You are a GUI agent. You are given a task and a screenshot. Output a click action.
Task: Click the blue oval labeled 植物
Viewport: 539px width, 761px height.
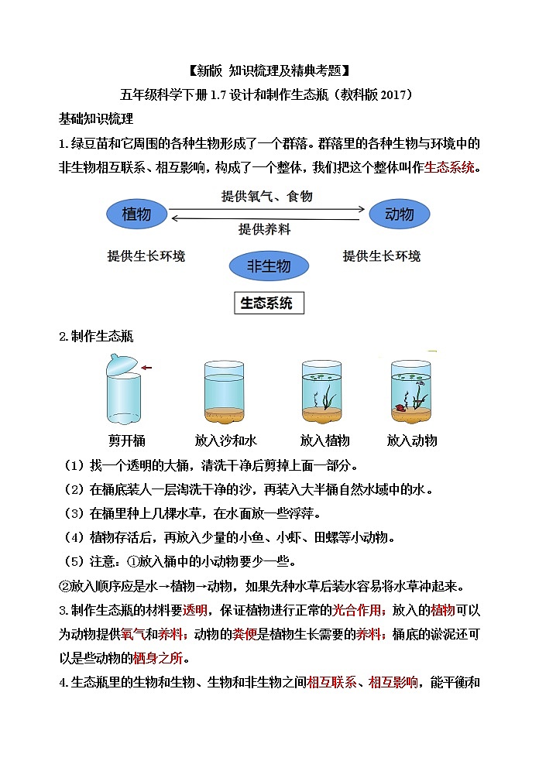coord(136,214)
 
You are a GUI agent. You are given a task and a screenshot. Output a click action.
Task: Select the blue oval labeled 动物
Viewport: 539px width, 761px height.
coord(400,214)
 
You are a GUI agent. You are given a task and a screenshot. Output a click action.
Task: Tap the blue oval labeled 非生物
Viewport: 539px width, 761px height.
coord(269,266)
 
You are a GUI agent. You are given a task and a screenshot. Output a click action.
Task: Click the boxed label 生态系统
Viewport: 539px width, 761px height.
coord(269,303)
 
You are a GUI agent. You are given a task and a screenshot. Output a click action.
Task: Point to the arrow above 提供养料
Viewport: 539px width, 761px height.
coord(268,218)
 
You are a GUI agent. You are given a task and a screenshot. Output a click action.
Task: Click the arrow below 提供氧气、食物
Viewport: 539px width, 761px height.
coord(268,208)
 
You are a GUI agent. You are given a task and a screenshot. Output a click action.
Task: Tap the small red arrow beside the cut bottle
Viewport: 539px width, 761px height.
coord(147,368)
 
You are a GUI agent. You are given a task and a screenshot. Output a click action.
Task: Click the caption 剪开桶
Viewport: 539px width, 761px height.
coord(127,440)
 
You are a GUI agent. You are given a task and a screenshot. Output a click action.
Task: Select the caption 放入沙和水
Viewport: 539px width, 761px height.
coord(225,440)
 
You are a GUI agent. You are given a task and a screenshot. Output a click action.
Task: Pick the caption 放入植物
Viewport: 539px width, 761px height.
coord(324,440)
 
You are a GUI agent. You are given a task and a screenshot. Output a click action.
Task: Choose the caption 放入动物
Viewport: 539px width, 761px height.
coord(412,440)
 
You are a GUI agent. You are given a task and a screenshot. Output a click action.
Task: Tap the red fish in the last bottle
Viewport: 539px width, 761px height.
coord(401,406)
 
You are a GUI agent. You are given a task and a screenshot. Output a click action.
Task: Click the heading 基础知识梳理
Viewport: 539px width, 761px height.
coord(96,118)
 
